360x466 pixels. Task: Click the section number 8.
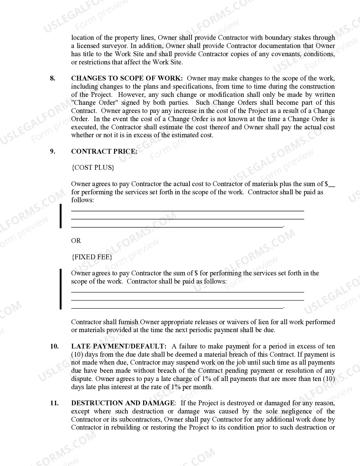pyautogui.click(x=53, y=79)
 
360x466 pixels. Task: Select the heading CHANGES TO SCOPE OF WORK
pyautogui.click(x=127, y=79)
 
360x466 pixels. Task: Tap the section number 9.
pyautogui.click(x=53, y=151)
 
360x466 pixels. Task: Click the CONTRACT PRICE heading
pyautogui.click(x=104, y=151)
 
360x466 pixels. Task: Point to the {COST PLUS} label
pyautogui.click(x=93, y=167)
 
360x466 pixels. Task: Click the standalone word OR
pyautogui.click(x=76, y=241)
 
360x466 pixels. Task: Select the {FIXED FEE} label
pyautogui.click(x=92, y=257)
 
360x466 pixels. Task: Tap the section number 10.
pyautogui.click(x=54, y=346)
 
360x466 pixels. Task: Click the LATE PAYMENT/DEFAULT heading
pyautogui.click(x=119, y=346)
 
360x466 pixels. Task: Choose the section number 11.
pyautogui.click(x=54, y=403)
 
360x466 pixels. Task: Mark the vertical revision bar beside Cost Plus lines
pyautogui.click(x=60, y=216)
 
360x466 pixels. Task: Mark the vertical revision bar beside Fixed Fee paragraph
pyautogui.click(x=60, y=289)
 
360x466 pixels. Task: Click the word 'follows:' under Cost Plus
pyautogui.click(x=82, y=200)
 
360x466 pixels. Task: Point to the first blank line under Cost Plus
pyautogui.click(x=187, y=211)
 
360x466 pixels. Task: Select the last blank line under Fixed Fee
pyautogui.click(x=177, y=308)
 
